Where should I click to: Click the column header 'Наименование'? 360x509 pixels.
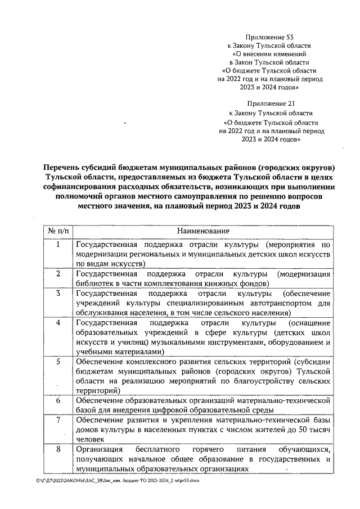coord(203,231)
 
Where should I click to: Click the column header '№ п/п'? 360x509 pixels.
coord(58,231)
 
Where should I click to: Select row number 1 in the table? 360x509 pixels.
coord(58,245)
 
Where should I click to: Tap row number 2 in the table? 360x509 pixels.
coord(58,274)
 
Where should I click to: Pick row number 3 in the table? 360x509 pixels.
coord(58,294)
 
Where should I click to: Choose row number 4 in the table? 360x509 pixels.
coord(58,323)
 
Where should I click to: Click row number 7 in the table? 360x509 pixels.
coord(58,420)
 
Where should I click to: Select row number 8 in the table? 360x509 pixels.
coord(58,449)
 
